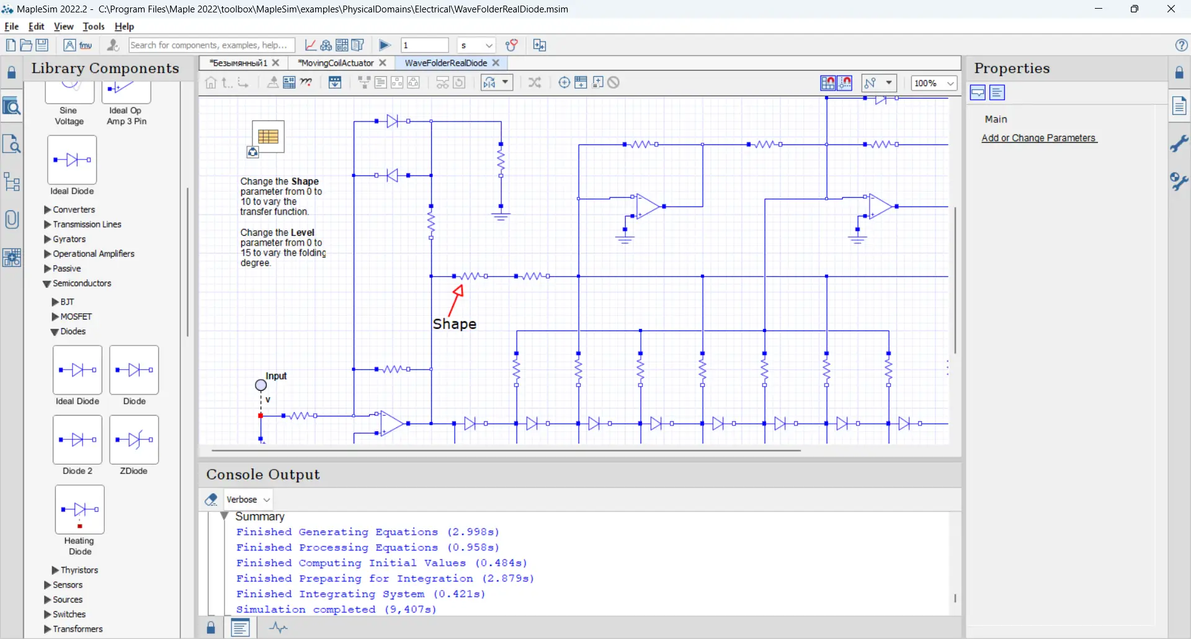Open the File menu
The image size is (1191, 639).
11,27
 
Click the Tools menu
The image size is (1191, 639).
93,27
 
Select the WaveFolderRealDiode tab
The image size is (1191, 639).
445,63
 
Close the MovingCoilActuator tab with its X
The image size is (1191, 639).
383,63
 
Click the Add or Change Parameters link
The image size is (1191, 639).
1038,138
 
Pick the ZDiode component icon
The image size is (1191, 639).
134,440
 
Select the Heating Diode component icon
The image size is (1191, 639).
79,510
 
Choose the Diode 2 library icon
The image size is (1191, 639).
78,440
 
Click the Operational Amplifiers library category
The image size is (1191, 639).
93,254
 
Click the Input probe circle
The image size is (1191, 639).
261,385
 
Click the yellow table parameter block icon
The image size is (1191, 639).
268,136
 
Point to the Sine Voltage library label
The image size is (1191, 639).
69,116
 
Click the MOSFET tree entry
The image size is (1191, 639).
76,316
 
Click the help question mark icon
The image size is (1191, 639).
1181,45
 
